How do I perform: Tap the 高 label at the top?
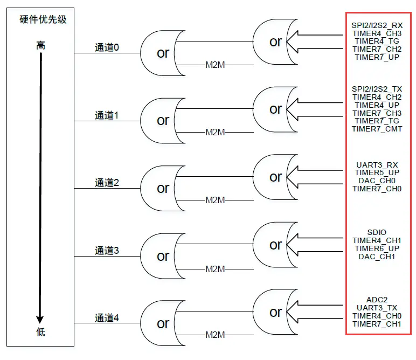[x=40, y=46]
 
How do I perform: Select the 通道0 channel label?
[x=107, y=48]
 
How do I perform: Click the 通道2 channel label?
[x=107, y=183]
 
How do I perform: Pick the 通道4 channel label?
[x=107, y=318]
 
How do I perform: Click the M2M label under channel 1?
[x=214, y=133]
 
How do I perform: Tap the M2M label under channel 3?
[x=214, y=268]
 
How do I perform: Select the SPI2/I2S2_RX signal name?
[x=377, y=25]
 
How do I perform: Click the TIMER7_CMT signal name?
[x=377, y=129]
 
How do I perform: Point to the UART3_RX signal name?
[x=377, y=164]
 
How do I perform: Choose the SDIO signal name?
[x=377, y=232]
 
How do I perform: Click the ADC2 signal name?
[x=377, y=300]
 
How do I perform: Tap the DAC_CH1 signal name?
[x=377, y=257]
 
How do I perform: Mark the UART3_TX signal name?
[x=377, y=308]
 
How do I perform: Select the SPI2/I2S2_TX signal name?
[x=377, y=89]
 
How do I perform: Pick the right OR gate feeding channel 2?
[x=275, y=177]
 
